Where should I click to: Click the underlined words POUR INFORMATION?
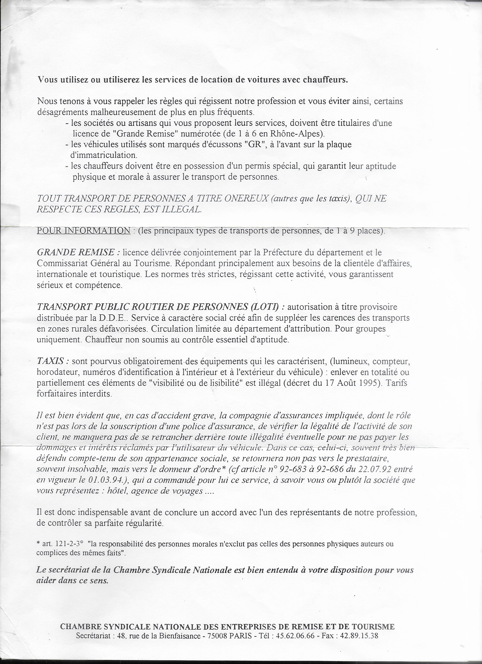point(84,230)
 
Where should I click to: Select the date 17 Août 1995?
point(353,383)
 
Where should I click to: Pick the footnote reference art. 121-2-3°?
point(60,544)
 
